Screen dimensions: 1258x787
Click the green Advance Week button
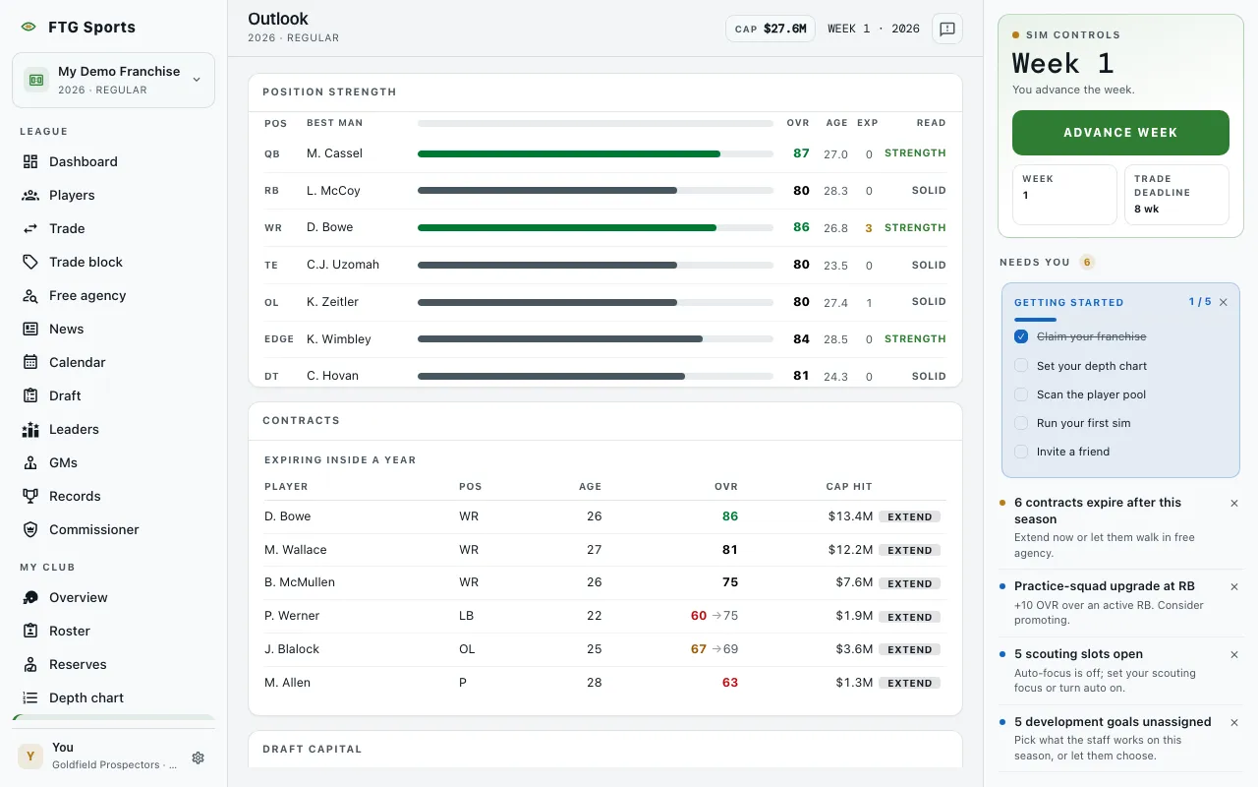pyautogui.click(x=1120, y=133)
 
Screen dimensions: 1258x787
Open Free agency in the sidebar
pyautogui.click(x=87, y=296)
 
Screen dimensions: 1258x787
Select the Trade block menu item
pyautogui.click(x=86, y=262)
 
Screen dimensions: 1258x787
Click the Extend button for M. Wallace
pyautogui.click(x=910, y=550)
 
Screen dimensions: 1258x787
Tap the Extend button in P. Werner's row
pyautogui.click(x=910, y=617)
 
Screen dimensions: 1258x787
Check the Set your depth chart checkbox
pyautogui.click(x=1021, y=365)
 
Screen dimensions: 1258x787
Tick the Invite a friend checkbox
pyautogui.click(x=1021, y=452)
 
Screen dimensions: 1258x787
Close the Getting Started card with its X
pyautogui.click(x=1224, y=302)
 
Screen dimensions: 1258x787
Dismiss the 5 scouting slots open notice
pyautogui.click(x=1234, y=654)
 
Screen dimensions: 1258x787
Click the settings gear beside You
pyautogui.click(x=198, y=757)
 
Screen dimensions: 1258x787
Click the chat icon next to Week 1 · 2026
pyautogui.click(x=947, y=29)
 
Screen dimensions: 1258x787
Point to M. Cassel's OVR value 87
pyautogui.click(x=801, y=152)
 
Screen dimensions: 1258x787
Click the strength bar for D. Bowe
pyautogui.click(x=596, y=227)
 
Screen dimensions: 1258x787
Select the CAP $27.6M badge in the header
pyautogui.click(x=770, y=29)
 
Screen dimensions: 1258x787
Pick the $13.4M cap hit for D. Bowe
pyautogui.click(x=850, y=516)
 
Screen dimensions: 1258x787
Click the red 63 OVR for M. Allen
pyautogui.click(x=729, y=683)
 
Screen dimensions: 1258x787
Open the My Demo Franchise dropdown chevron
pyautogui.click(x=197, y=80)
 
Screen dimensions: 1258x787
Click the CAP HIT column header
pyautogui.click(x=848, y=487)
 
